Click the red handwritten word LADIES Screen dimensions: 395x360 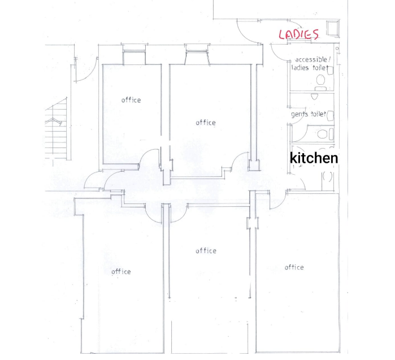tap(299, 34)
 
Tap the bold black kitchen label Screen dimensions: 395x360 tap(314, 158)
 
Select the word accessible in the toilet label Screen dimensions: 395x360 tap(311, 60)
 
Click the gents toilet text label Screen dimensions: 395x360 tap(309, 114)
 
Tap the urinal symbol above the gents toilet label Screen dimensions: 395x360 tap(314, 97)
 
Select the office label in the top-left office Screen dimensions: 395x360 tap(131, 100)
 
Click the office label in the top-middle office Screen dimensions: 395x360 tap(206, 123)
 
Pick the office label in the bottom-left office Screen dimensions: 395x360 tap(121, 272)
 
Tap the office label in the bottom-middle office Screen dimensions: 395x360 tap(206, 251)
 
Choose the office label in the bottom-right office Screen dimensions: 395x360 tap(294, 267)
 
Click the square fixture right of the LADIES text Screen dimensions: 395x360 tap(333, 28)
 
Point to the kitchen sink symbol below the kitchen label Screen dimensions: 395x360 tap(328, 181)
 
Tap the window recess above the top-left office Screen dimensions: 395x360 tap(134, 57)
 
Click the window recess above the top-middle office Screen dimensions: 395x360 tap(197, 57)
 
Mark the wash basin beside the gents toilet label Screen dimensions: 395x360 tap(330, 116)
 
